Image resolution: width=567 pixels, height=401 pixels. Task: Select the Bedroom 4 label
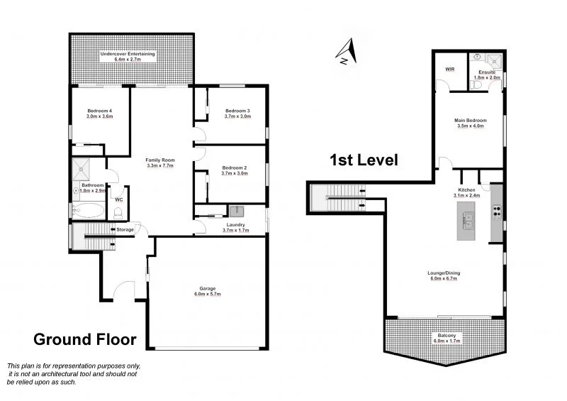(x=100, y=111)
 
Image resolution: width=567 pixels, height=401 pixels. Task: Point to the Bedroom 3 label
(x=237, y=111)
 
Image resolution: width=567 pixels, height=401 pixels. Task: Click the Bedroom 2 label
(x=233, y=167)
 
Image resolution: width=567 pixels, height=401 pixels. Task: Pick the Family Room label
(x=160, y=161)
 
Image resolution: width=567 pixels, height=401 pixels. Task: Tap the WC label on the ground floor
(x=118, y=199)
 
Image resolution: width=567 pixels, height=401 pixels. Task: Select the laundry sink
(x=236, y=210)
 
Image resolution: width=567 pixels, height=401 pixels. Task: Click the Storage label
(x=125, y=230)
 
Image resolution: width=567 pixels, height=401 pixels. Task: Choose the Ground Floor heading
(x=84, y=339)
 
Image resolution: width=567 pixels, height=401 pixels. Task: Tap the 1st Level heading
(x=364, y=160)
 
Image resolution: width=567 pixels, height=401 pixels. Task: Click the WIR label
(x=449, y=70)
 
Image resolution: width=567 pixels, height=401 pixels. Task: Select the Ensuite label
(x=487, y=72)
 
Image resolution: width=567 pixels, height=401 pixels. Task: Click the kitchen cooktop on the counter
(x=496, y=211)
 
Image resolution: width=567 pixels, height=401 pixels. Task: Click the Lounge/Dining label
(x=443, y=273)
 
